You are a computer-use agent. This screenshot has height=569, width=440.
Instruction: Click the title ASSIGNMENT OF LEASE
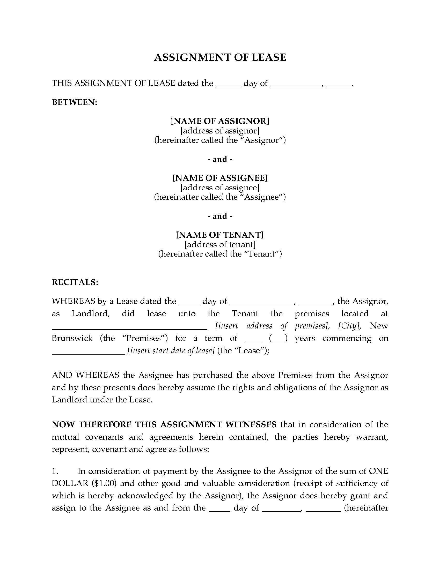220,58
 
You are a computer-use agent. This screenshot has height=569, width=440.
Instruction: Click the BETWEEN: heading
75,102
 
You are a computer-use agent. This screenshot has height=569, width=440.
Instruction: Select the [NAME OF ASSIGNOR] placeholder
220,121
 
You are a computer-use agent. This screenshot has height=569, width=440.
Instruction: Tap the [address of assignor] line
220,131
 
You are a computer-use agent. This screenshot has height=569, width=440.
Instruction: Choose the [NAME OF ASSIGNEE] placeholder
220,178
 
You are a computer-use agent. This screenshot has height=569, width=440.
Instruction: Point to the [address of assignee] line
220,188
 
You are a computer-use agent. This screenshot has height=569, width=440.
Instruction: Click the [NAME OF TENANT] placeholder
220,235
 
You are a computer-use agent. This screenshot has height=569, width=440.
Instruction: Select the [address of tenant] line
220,245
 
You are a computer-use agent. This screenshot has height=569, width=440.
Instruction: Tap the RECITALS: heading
75,282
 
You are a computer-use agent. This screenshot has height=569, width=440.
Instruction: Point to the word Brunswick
72,339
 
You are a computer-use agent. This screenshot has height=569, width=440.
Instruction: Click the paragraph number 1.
54,471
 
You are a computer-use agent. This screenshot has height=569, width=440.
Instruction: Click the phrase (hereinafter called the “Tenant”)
220,254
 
